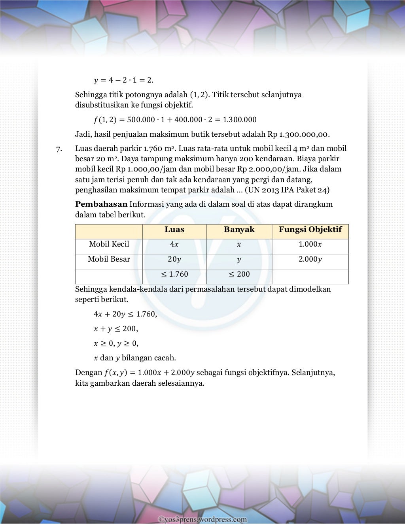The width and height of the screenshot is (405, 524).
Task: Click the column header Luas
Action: pyautogui.click(x=174, y=230)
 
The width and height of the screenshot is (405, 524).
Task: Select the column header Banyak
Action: pyautogui.click(x=239, y=230)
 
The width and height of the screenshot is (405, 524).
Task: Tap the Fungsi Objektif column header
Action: pyautogui.click(x=310, y=230)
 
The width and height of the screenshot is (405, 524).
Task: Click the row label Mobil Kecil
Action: pyautogui.click(x=109, y=244)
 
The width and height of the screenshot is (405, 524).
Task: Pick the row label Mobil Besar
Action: pyautogui.click(x=109, y=259)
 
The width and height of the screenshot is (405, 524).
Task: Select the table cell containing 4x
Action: pyautogui.click(x=174, y=245)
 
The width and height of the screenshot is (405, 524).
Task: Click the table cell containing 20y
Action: pyautogui.click(x=174, y=260)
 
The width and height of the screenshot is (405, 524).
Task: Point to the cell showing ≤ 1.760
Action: pyautogui.click(x=174, y=274)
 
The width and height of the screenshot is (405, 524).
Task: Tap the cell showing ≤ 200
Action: pyautogui.click(x=239, y=274)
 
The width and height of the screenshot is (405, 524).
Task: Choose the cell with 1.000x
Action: pyautogui.click(x=310, y=245)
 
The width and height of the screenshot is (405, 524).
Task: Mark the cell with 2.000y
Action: pyautogui.click(x=310, y=260)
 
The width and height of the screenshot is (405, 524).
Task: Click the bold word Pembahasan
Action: pyautogui.click(x=101, y=204)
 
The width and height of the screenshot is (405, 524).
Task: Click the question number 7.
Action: pyautogui.click(x=59, y=149)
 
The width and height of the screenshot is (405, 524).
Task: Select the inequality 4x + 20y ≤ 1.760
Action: pyautogui.click(x=125, y=315)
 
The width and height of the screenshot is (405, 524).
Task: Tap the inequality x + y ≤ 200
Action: pyautogui.click(x=115, y=329)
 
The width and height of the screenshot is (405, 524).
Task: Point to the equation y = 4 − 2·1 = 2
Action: pyautogui.click(x=123, y=81)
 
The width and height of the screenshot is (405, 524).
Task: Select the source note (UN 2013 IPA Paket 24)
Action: pyautogui.click(x=287, y=190)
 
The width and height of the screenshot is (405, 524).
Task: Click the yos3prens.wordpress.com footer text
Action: pyautogui.click(x=202, y=520)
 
